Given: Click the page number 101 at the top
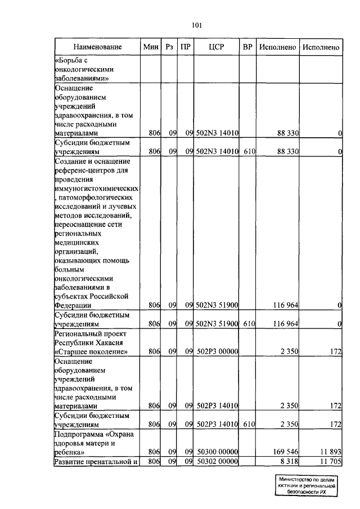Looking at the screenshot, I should tap(196, 25).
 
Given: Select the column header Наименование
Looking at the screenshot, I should tap(97, 48).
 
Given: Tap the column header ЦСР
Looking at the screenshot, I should tap(217, 48).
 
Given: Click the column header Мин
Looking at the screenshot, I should tap(151, 48).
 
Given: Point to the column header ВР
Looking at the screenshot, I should tap(247, 48).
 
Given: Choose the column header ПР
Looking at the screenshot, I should tap(185, 48).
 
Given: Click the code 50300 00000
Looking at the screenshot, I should tap(217, 451).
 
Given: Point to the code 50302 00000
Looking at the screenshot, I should tap(217, 462).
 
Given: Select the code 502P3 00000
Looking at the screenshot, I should tap(217, 352).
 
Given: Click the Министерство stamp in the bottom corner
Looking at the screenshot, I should tap(306, 485).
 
